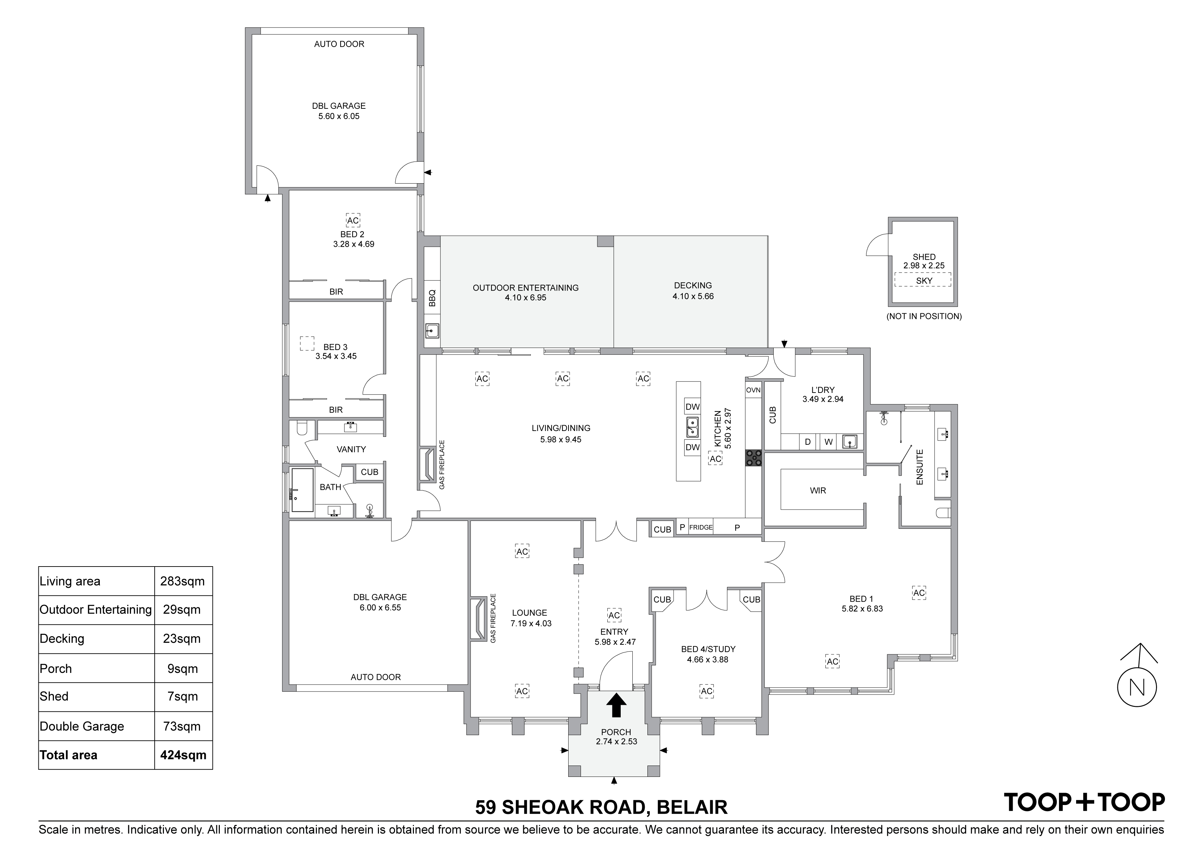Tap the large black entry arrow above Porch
[x=616, y=705]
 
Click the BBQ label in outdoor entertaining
[x=432, y=298]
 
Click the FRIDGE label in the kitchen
[x=701, y=527]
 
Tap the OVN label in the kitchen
[x=753, y=390]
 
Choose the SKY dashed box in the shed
[x=924, y=280]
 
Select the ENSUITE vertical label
[x=919, y=467]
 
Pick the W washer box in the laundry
[x=829, y=442]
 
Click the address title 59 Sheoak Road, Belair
[x=601, y=807]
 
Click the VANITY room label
[x=351, y=450]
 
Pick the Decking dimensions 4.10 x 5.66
[x=693, y=296]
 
